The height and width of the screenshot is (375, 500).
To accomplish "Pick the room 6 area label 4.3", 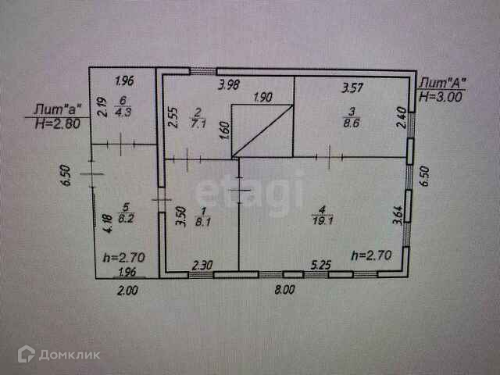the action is pos(123,112).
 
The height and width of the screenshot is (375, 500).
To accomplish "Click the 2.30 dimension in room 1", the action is pos(202,265).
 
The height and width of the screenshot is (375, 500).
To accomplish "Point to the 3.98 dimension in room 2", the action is pos(230,84).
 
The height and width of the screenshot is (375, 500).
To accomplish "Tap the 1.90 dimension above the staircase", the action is pos(263,98).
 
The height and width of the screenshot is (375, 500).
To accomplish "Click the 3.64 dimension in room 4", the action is pos(398,212).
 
